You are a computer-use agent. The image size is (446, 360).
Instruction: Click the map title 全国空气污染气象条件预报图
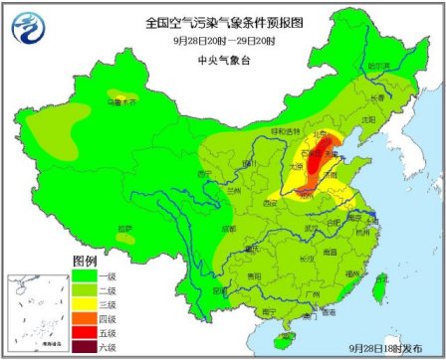pyautogui.click(x=223, y=21)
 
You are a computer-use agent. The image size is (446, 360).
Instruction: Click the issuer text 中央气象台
pyautogui.click(x=223, y=59)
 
